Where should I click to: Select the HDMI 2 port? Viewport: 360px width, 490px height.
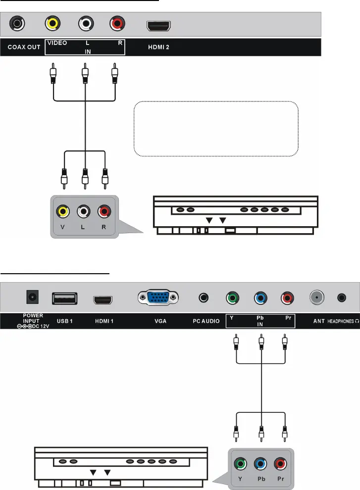(158, 25)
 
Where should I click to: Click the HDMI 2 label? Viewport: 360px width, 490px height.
(159, 48)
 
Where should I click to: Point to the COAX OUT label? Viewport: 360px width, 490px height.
(24, 48)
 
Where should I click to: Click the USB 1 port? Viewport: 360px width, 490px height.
(64, 298)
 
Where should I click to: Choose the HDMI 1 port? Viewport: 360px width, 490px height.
(103, 299)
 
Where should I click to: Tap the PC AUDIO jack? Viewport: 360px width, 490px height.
(203, 298)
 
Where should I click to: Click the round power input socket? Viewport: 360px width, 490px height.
(33, 298)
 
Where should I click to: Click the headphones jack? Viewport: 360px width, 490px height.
(342, 298)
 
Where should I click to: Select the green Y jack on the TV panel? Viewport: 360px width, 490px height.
(232, 298)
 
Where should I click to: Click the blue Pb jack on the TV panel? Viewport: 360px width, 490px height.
(260, 298)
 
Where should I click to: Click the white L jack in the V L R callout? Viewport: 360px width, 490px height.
(83, 212)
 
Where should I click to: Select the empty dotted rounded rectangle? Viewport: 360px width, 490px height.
(216, 129)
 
